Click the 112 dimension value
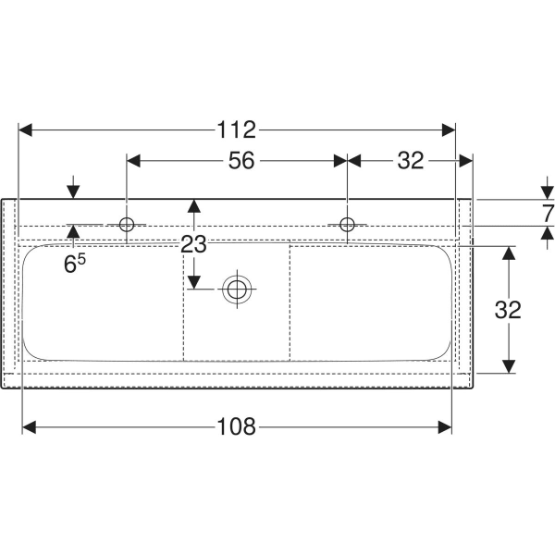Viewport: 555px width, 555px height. point(236,129)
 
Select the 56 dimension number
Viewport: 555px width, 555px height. point(241,160)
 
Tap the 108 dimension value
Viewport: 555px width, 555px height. point(236,426)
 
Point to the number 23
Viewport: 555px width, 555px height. point(193,244)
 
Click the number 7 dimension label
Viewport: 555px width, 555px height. point(549,214)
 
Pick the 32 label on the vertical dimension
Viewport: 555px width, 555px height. point(508,310)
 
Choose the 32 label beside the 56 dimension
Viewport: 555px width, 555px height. point(411,160)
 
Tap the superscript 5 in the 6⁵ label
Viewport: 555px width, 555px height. point(81,260)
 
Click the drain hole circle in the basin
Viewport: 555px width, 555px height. point(237,289)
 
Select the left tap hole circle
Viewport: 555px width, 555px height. point(127,225)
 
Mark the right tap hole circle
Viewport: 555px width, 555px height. point(347,225)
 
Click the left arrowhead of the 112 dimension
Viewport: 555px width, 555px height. point(25,129)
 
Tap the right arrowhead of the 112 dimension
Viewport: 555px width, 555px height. point(449,129)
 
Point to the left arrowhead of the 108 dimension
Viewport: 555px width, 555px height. point(30,427)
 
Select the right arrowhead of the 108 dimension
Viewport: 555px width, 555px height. point(445,427)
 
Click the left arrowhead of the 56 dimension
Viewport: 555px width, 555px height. point(133,161)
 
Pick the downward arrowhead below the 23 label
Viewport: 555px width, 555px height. point(194,282)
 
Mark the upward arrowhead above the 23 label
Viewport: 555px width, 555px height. point(194,206)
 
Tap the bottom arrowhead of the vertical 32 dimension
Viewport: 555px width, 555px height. point(509,366)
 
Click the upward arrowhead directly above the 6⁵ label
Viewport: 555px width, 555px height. point(73,231)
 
